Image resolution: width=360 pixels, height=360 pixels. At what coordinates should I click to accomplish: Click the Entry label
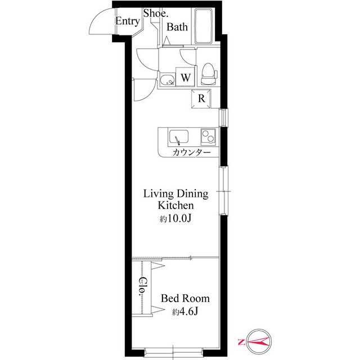(128, 21)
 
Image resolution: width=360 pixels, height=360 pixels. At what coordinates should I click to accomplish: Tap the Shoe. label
(156, 13)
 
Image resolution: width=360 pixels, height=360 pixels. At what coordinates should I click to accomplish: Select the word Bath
(177, 27)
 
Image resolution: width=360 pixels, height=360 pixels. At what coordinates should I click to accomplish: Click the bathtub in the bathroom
(203, 26)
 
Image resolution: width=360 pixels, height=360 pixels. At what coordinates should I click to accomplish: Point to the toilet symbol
(209, 74)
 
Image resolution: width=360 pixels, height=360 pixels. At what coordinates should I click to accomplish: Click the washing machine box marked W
(185, 76)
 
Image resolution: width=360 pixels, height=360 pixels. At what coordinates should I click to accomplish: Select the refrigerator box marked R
(201, 99)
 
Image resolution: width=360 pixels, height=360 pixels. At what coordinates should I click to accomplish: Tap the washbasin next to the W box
(168, 80)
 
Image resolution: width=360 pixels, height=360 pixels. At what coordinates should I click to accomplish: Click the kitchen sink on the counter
(179, 137)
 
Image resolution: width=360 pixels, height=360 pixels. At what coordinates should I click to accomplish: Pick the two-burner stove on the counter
(208, 137)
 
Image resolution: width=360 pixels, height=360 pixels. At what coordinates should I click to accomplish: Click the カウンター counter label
(191, 152)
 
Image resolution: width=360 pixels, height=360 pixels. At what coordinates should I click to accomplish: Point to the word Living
(159, 194)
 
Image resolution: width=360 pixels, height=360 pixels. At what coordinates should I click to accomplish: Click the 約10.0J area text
(175, 219)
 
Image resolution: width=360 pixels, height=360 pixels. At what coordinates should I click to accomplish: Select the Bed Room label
(185, 299)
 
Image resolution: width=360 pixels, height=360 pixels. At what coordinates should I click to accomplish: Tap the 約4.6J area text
(185, 312)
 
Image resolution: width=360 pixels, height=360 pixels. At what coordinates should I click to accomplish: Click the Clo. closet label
(143, 286)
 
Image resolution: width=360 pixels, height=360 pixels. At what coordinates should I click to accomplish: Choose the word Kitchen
(175, 205)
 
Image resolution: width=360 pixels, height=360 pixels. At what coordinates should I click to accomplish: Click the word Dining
(192, 194)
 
